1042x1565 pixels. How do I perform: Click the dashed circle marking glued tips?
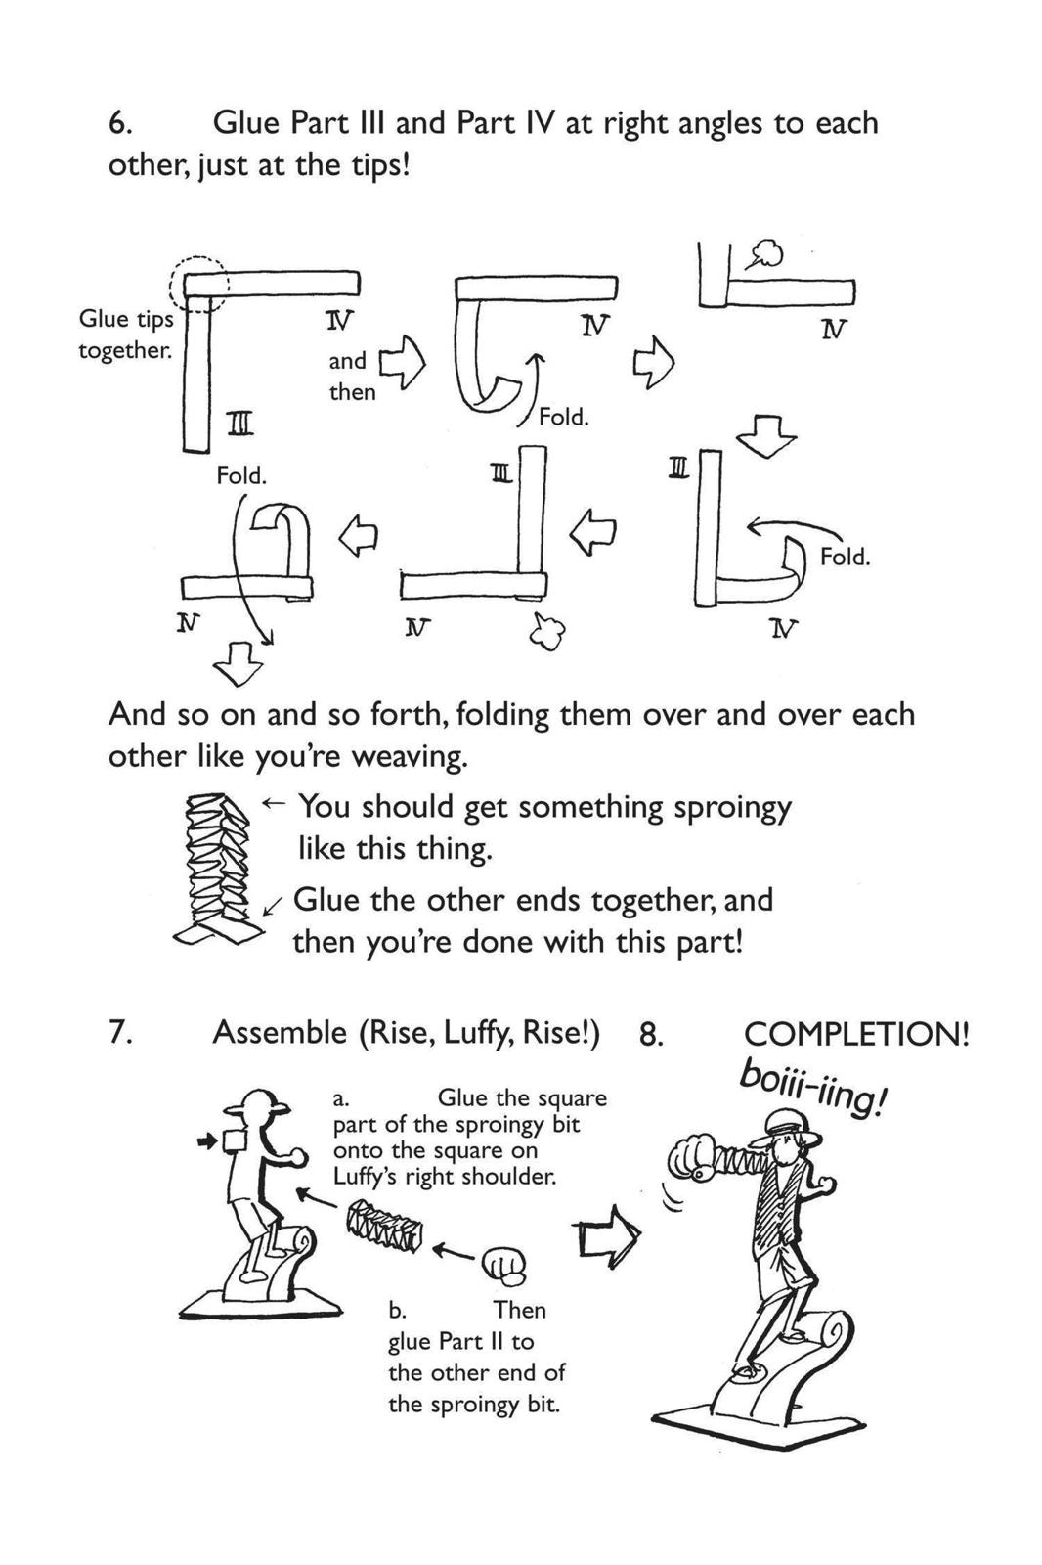[x=199, y=286]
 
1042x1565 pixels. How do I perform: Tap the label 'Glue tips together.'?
[x=125, y=335]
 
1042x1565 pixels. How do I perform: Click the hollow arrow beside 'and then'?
[x=403, y=364]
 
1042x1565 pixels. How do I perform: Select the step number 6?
[x=119, y=124]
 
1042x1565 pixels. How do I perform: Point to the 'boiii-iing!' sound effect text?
[x=813, y=1088]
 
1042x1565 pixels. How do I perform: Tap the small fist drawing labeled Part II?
[x=504, y=1266]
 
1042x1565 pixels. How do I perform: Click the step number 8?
[x=651, y=1035]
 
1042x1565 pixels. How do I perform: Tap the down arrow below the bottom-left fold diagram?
[x=238, y=664]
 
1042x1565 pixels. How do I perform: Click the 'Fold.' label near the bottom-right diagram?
[x=845, y=557]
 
